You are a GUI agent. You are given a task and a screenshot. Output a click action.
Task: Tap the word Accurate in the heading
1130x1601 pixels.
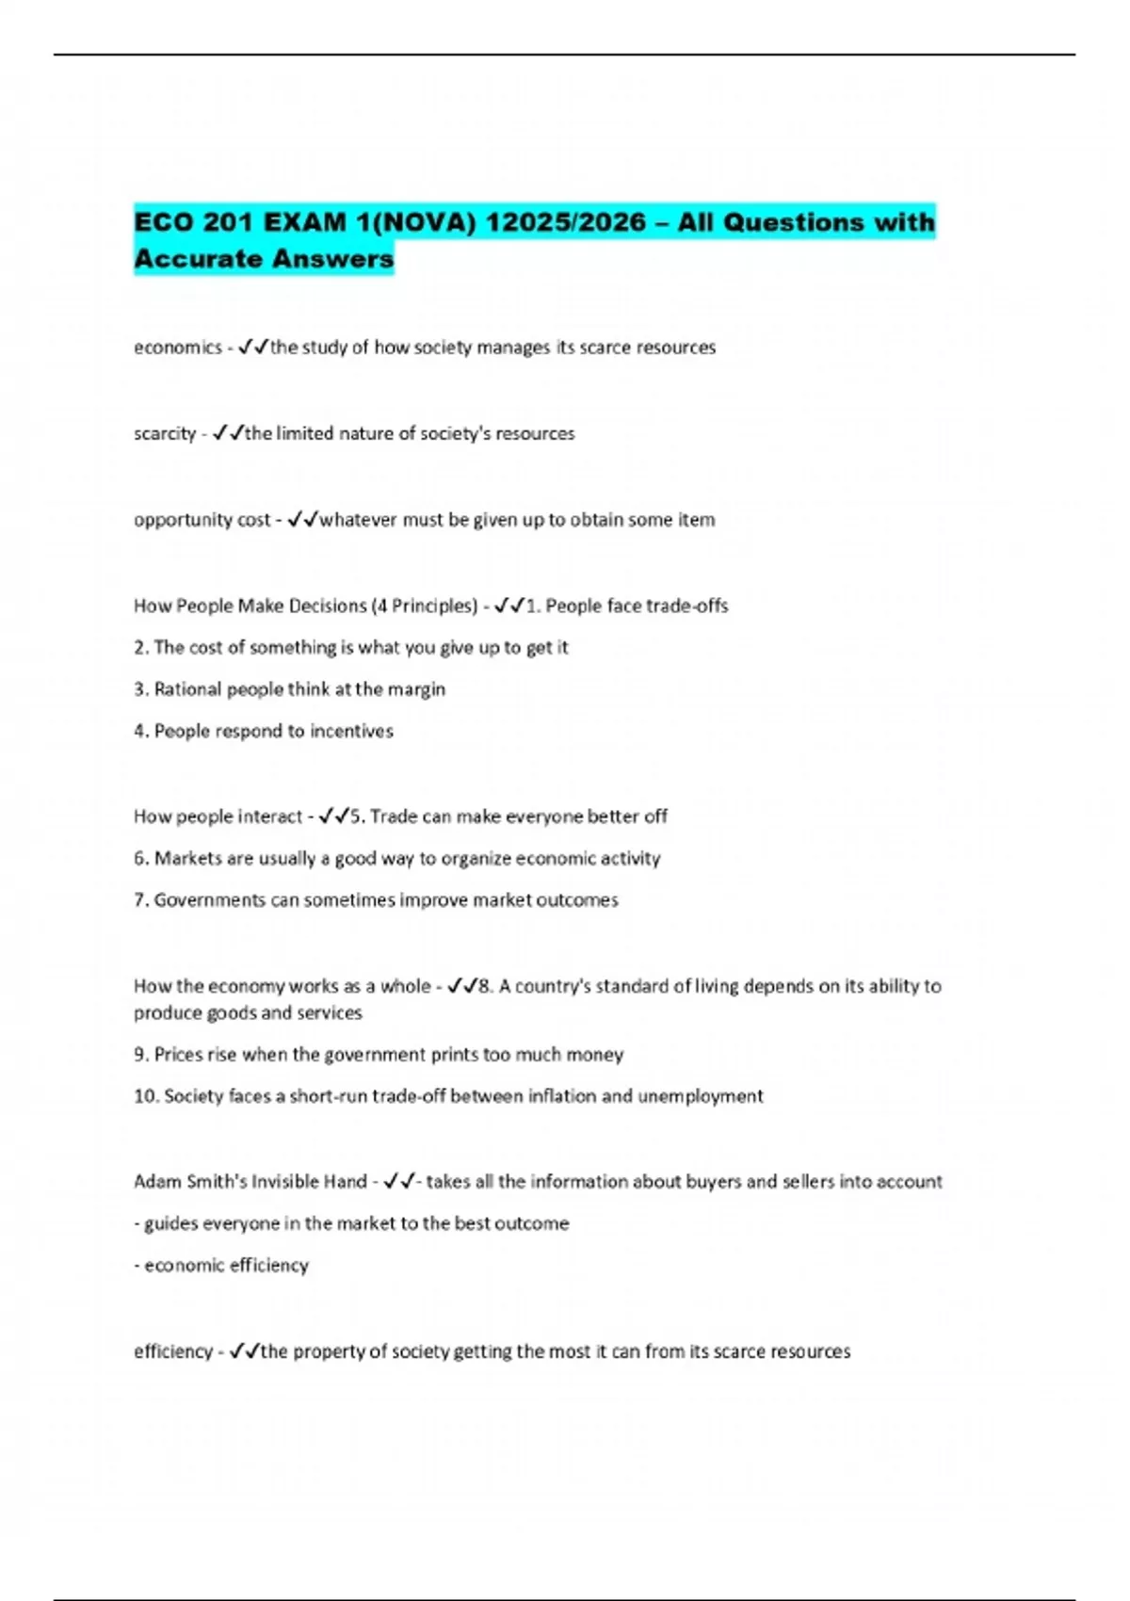(197, 258)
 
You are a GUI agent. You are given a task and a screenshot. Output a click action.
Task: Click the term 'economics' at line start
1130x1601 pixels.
(177, 348)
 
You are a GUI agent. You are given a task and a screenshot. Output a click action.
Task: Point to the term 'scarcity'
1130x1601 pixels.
(165, 434)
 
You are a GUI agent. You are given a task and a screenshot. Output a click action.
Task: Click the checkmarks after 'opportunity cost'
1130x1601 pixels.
(303, 520)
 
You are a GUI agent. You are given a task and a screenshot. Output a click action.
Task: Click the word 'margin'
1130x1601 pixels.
(415, 689)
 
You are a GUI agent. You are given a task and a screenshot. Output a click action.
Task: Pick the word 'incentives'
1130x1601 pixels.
(351, 731)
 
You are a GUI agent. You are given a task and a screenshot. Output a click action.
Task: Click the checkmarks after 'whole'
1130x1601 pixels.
(462, 986)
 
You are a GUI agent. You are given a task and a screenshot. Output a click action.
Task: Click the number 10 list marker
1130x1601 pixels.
(146, 1096)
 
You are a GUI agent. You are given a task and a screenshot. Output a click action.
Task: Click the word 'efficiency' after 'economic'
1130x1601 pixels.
(268, 1266)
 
